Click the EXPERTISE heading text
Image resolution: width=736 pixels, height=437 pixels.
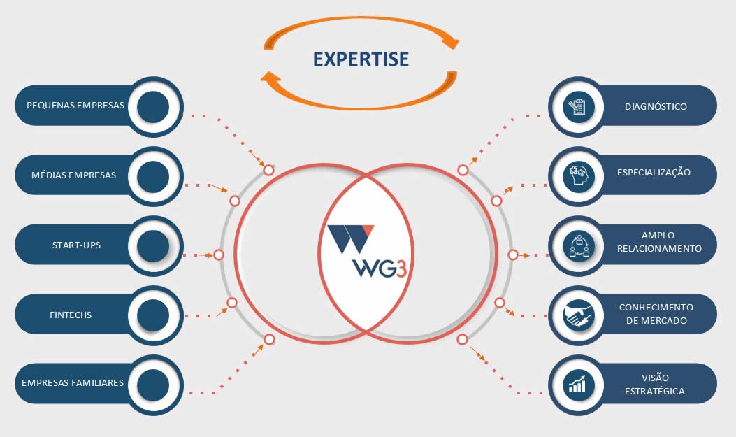pyautogui.click(x=361, y=59)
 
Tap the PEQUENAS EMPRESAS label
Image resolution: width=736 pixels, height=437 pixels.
pyautogui.click(x=75, y=106)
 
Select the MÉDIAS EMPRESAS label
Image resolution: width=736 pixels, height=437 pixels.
pyautogui.click(x=73, y=175)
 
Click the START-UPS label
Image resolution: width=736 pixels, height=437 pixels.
pyautogui.click(x=76, y=245)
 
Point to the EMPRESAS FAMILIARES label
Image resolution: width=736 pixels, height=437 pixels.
pyautogui.click(x=73, y=383)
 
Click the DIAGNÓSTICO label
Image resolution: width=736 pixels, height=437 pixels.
pyautogui.click(x=656, y=107)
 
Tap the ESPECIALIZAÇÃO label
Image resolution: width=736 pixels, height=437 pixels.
pyautogui.click(x=654, y=172)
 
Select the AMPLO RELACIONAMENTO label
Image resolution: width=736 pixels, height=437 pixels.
pyautogui.click(x=659, y=242)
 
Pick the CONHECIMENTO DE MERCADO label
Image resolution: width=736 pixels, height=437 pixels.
pyautogui.click(x=656, y=314)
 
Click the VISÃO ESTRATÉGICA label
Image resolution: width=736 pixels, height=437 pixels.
pyautogui.click(x=655, y=384)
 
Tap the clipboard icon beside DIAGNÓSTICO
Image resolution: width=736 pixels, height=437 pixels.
pyautogui.click(x=578, y=107)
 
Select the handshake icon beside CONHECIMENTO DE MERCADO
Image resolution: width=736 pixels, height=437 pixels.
pyautogui.click(x=578, y=315)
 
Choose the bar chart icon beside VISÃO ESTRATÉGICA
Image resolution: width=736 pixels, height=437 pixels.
pyautogui.click(x=578, y=384)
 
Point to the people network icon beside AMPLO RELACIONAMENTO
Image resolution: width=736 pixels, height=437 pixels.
pyautogui.click(x=578, y=245)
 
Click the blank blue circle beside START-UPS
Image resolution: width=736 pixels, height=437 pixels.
pyautogui.click(x=153, y=246)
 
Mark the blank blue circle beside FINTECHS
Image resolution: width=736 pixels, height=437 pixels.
pyautogui.click(x=153, y=315)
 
